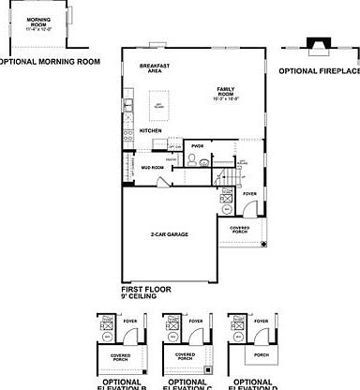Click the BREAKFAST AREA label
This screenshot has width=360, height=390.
point(152,67)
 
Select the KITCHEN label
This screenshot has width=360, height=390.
point(151,130)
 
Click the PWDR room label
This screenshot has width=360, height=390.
point(197,146)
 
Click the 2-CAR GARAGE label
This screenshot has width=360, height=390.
point(169,233)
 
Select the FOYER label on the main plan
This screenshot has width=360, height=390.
point(249,194)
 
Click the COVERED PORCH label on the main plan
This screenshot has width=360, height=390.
point(239,227)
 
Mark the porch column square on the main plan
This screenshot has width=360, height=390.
point(263,245)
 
